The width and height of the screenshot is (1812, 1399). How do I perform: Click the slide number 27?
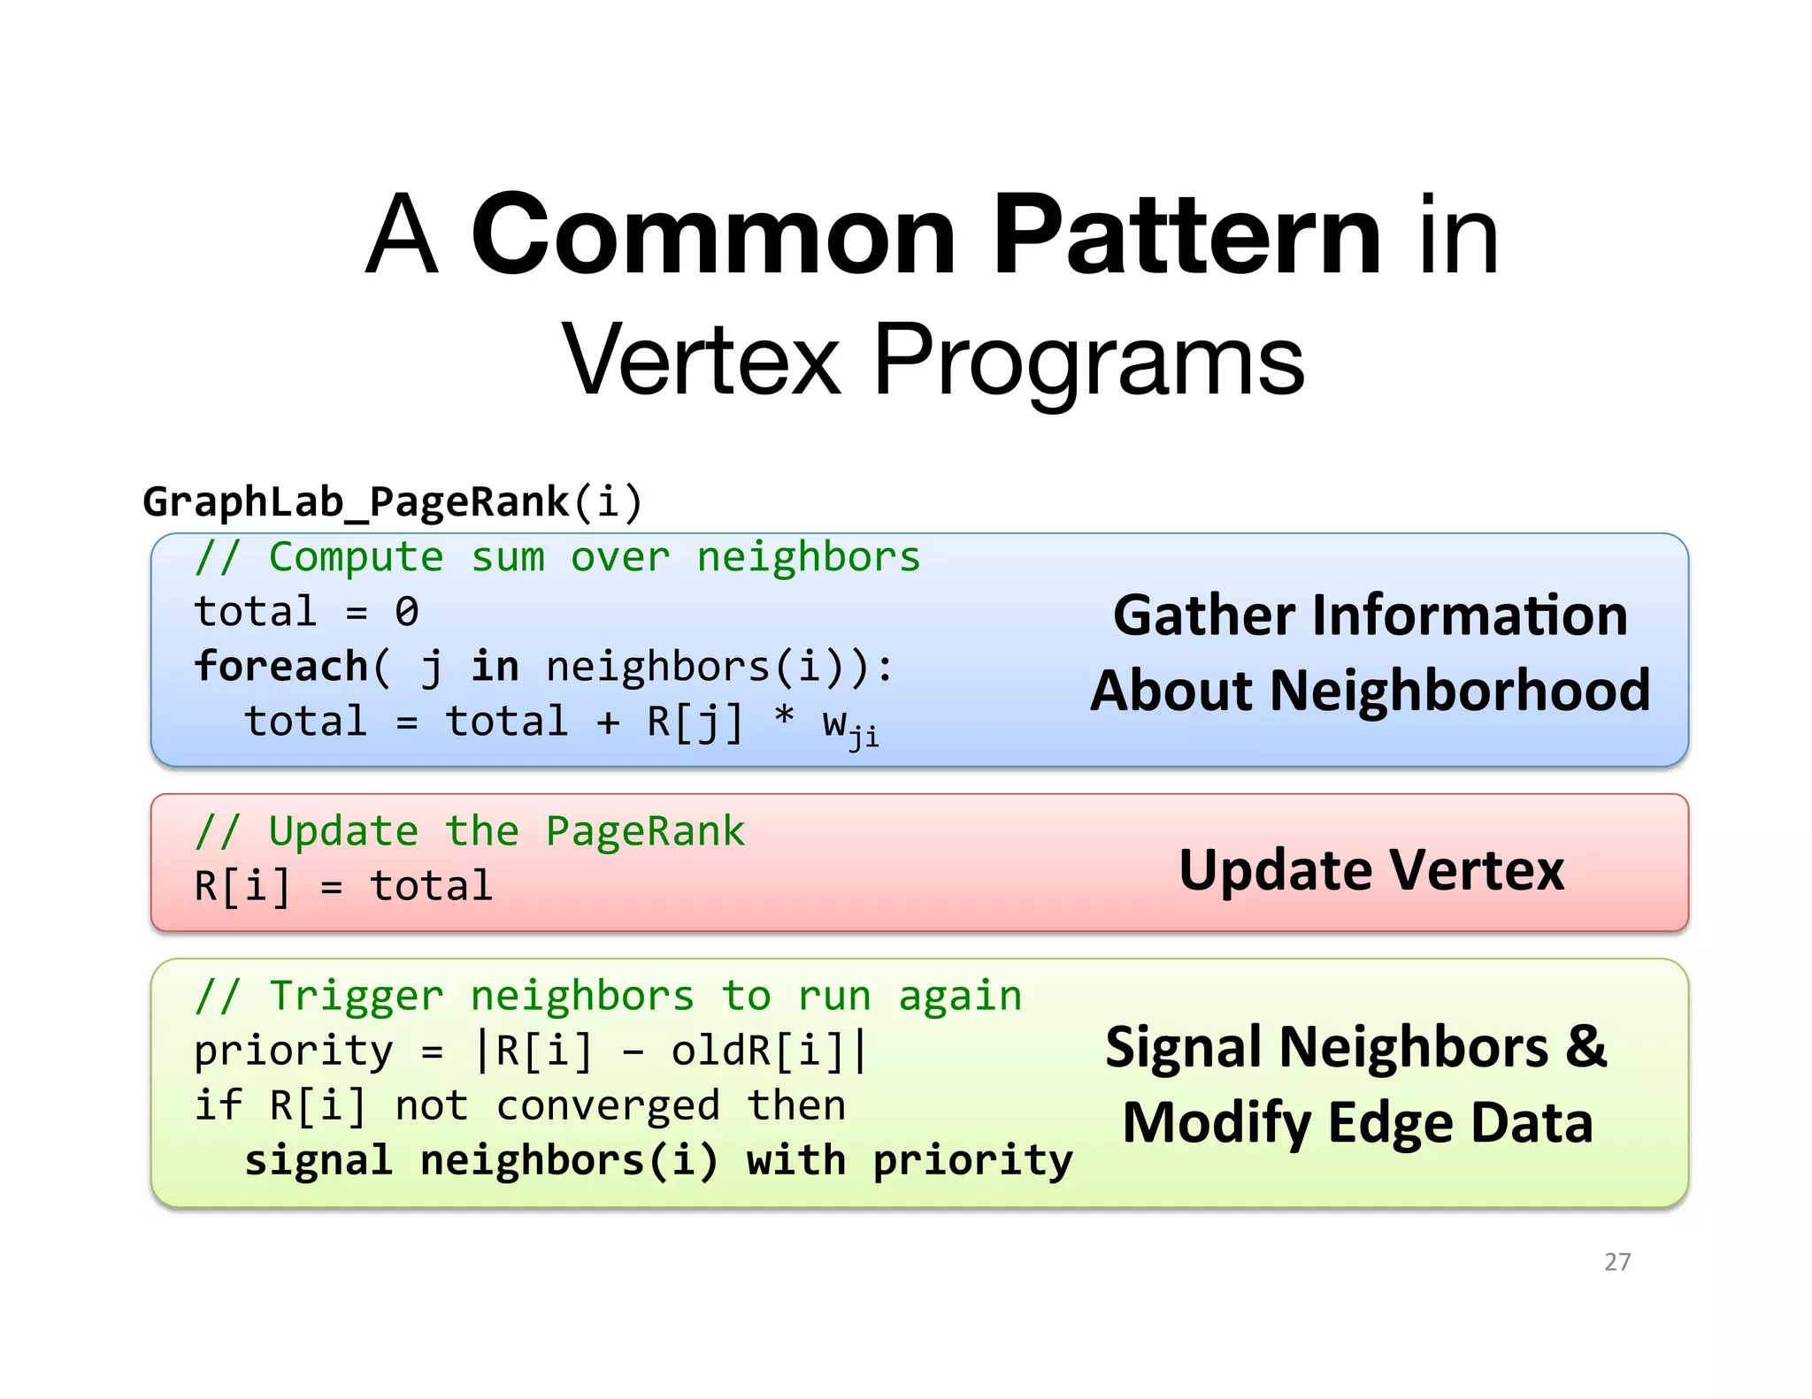tap(1616, 1261)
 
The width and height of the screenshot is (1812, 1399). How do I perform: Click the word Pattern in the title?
tap(1186, 236)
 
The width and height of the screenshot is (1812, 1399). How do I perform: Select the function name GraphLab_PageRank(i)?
tap(392, 501)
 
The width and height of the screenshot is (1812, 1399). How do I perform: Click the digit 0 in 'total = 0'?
tap(406, 612)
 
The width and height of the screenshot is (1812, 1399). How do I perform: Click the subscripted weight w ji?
tap(849, 727)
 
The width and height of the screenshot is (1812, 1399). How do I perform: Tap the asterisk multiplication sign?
tap(783, 716)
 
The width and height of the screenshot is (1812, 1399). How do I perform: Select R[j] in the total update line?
tap(695, 722)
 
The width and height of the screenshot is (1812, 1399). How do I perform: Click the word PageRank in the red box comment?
tap(645, 831)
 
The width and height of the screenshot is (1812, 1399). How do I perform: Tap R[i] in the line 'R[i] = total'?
tap(242, 886)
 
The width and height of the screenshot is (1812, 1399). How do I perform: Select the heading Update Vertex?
tap(1371, 870)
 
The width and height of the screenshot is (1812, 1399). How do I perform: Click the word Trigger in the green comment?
tap(355, 996)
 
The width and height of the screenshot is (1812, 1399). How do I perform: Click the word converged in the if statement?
tap(608, 1106)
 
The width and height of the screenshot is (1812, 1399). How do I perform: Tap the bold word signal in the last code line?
tap(318, 1160)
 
